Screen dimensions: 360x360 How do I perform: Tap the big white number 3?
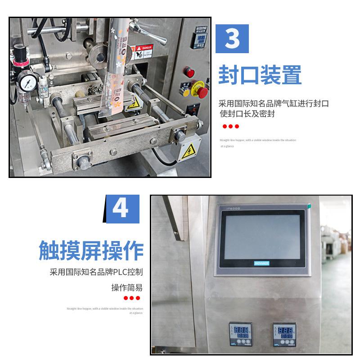[232, 39]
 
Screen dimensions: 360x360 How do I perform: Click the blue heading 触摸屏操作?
[90, 250]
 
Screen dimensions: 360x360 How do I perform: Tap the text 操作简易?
[127, 287]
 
